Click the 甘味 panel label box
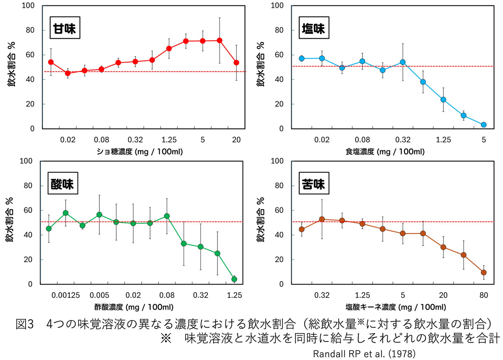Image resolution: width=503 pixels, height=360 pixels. point(65,29)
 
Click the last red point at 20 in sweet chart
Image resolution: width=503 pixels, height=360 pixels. point(236,63)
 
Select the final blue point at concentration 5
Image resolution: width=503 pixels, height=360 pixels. point(483,125)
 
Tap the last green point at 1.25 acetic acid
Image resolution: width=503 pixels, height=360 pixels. point(234,279)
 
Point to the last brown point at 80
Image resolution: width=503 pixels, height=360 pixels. point(483,272)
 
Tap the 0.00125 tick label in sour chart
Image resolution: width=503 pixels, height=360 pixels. point(65,295)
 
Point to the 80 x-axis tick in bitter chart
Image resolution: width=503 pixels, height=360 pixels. point(483,295)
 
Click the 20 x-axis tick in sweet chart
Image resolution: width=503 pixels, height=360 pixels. point(236,140)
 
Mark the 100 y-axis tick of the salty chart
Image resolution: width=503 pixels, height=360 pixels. point(280,6)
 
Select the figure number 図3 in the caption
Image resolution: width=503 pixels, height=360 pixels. point(24,324)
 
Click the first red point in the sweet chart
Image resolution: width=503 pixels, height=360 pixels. point(51,62)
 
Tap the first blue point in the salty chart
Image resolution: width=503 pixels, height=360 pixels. point(301,58)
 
